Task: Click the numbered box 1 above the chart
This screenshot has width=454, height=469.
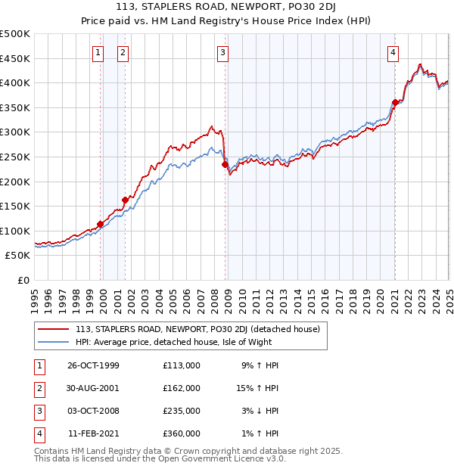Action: [x=98, y=52]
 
